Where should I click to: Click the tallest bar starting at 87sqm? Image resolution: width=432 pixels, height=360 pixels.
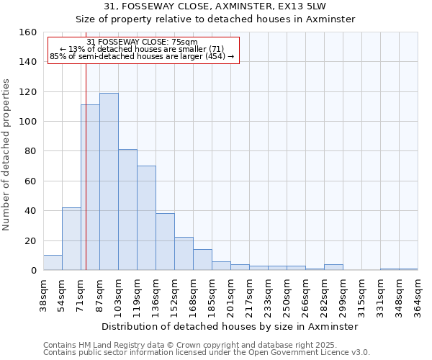tap(109, 181)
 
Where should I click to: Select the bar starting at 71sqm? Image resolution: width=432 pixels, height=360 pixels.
tap(90, 187)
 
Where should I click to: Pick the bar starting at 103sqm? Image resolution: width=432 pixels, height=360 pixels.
tap(127, 210)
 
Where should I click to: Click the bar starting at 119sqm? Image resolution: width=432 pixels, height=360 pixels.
tap(146, 218)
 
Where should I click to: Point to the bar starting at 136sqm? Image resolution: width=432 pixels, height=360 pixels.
tap(165, 242)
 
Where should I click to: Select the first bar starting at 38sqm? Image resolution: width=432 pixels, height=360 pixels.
tap(53, 263)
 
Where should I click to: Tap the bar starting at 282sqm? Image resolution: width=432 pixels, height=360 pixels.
tap(333, 267)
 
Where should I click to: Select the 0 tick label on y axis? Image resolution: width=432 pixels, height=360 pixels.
tap(33, 270)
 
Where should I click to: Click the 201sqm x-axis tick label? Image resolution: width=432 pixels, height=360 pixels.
tap(230, 294)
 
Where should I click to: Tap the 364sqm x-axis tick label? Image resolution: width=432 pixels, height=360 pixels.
tap(418, 294)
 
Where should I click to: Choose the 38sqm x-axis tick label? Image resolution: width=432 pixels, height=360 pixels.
tap(43, 294)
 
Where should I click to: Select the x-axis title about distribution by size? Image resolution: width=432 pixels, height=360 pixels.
tap(230, 326)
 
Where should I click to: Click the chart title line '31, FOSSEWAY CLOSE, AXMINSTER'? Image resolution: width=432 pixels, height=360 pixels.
tap(215, 6)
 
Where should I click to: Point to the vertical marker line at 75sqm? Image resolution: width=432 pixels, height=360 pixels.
tap(86, 180)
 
